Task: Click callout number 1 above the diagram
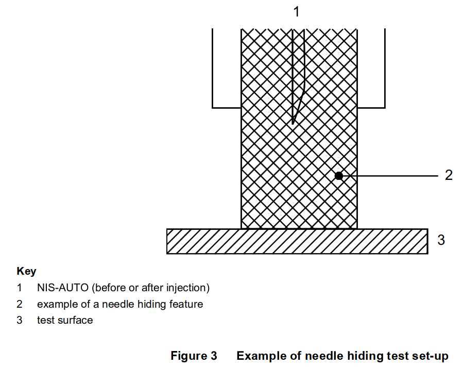[297, 12]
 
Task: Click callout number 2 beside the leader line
[449, 175]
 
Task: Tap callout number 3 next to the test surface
[441, 240]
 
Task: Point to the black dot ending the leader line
[339, 176]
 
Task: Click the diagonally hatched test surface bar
[297, 241]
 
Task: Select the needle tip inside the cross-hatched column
[293, 123]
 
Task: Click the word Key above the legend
[26, 271]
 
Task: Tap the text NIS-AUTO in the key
[63, 288]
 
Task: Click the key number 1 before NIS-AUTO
[20, 288]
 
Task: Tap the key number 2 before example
[20, 304]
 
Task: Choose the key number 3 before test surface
[20, 320]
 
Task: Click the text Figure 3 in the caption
[194, 356]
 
